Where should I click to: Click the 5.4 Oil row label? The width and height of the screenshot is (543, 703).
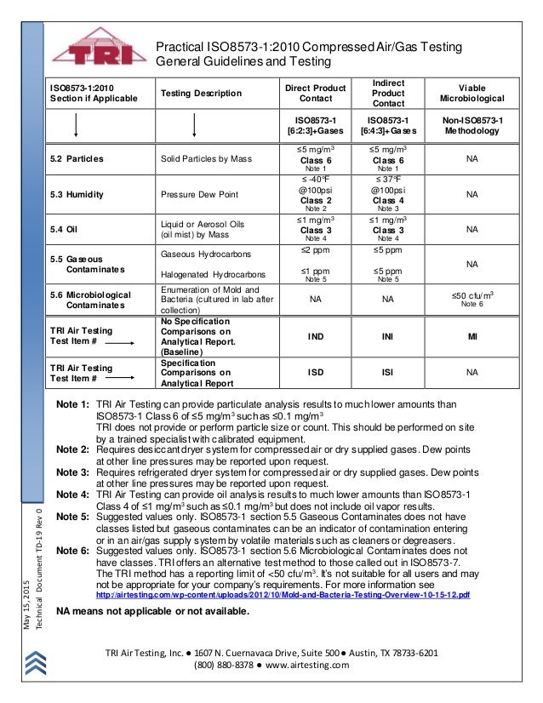tap(65, 229)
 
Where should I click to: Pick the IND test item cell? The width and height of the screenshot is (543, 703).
tap(315, 336)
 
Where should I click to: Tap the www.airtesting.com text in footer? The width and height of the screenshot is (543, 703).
tap(305, 666)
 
